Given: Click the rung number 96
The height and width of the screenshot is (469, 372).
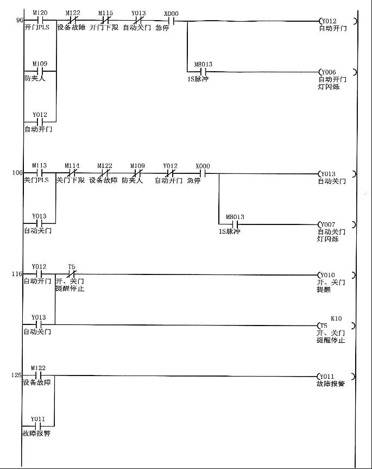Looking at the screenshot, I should [x=20, y=21].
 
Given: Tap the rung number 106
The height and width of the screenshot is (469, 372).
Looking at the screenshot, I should [x=18, y=173].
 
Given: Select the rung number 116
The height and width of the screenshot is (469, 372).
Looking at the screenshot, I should [x=17, y=274].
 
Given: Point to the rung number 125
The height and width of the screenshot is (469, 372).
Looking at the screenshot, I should [x=17, y=375].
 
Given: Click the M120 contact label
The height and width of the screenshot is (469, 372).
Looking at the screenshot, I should [x=39, y=12].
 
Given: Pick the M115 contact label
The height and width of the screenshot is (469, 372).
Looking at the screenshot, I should [x=105, y=12].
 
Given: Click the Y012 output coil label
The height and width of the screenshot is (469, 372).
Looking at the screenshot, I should [x=329, y=21].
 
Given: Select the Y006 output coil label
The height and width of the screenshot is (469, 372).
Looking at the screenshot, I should [x=329, y=72].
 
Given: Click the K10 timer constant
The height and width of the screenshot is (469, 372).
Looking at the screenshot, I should [x=336, y=318].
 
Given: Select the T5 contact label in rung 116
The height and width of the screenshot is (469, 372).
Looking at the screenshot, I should [x=71, y=267].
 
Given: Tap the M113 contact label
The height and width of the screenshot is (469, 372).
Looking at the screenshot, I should [x=39, y=165].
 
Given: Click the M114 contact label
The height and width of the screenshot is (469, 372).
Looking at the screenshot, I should [x=72, y=165].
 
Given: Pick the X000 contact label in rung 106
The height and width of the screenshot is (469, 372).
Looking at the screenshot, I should [x=202, y=166].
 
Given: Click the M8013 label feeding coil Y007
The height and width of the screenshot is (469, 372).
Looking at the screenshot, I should [x=235, y=217].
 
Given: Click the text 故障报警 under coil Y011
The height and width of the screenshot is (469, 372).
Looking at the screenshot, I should [x=331, y=384].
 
